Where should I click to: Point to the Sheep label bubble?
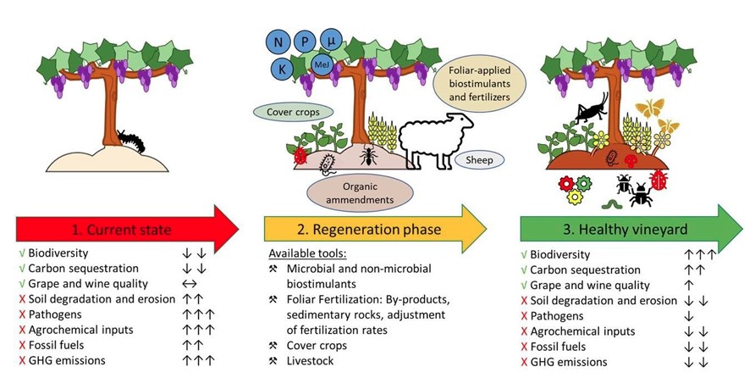tap(479, 160)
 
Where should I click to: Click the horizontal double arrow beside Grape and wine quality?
tap(195, 284)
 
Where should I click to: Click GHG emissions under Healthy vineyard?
tap(565, 362)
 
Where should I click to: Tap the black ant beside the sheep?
tap(367, 156)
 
